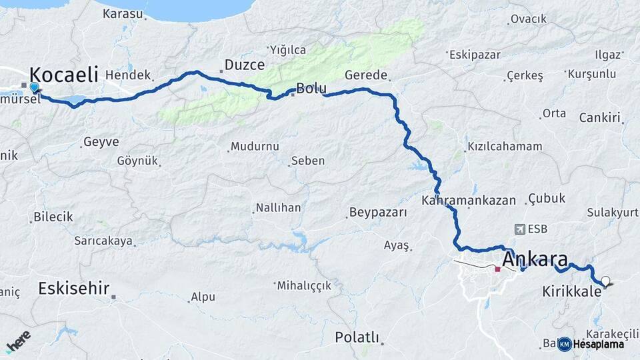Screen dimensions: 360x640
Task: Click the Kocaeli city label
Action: point(63,73)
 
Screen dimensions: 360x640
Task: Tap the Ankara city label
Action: point(535,259)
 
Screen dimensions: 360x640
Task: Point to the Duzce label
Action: point(245,65)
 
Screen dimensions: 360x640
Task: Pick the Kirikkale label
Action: point(572,291)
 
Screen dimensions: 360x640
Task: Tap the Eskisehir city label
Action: point(73,289)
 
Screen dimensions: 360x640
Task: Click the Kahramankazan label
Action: point(469,200)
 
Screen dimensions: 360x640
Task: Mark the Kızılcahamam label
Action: point(505,146)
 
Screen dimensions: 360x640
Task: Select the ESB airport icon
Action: point(520,229)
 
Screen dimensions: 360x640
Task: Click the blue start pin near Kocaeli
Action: point(35,87)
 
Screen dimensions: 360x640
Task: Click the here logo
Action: point(18,340)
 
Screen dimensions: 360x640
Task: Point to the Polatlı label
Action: point(357,337)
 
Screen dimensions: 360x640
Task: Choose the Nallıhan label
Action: point(279,208)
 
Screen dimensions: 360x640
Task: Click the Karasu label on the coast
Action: point(123,13)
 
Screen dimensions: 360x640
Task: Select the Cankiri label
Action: point(600,118)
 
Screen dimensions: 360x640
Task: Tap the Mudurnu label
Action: point(254,146)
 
